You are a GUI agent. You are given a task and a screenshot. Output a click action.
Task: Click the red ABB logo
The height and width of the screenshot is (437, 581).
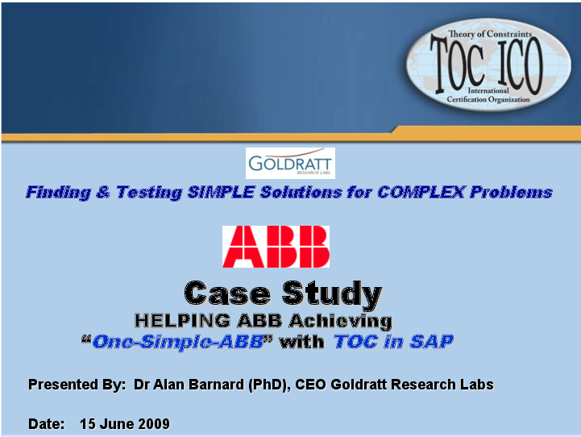tap(276, 246)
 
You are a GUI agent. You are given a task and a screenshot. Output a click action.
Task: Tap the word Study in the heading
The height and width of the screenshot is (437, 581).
tap(332, 293)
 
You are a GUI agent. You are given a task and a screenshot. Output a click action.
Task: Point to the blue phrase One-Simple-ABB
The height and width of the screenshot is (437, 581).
tap(178, 341)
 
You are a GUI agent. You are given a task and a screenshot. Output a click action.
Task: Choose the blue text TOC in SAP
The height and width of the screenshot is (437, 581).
tap(394, 341)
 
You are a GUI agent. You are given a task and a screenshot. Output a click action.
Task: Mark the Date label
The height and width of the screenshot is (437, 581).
tap(45, 423)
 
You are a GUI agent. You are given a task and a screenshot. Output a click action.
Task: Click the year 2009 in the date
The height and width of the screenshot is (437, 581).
tap(153, 423)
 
